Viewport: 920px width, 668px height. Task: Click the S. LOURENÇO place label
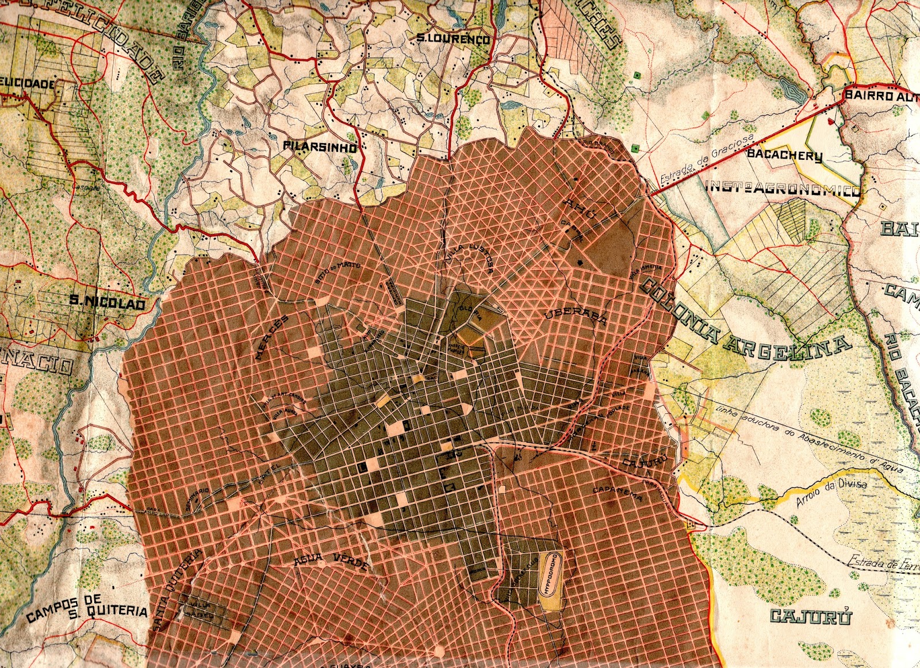tap(453, 39)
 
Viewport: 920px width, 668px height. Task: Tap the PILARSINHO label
tap(319, 147)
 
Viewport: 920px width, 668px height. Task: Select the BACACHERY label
tap(784, 155)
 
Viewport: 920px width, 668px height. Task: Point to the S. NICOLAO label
tap(108, 301)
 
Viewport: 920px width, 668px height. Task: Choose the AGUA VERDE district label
tap(330, 560)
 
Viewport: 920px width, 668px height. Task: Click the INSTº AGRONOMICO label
tap(783, 188)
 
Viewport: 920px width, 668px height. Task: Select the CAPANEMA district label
tap(618, 493)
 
